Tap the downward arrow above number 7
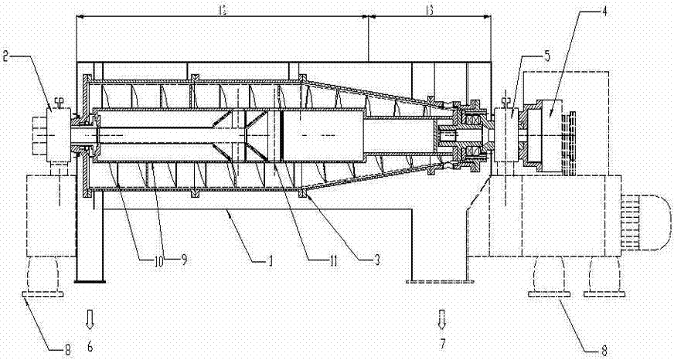pyautogui.click(x=442, y=317)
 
